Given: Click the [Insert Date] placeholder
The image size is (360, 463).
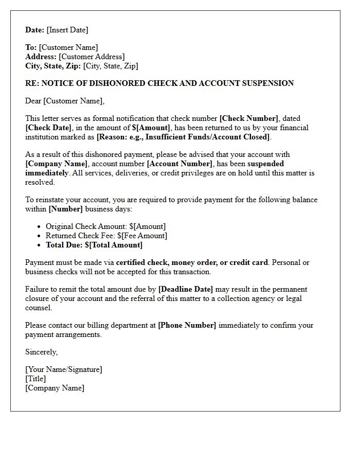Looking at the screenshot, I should pos(67,30).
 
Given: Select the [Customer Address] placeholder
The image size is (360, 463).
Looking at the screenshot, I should pos(92,57).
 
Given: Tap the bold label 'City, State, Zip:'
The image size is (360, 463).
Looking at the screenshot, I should pos(53,66).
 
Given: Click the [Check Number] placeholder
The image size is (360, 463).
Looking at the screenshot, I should pos(249,118).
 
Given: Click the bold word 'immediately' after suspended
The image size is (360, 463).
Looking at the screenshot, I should pos(47,173).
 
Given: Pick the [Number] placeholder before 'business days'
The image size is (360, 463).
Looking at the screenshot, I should pos(65,209).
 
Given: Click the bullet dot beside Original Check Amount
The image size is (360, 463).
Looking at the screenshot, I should pos(40,226).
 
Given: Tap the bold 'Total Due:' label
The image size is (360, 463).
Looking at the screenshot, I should pos(64,245).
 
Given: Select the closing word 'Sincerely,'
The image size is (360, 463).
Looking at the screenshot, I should pos(42,352).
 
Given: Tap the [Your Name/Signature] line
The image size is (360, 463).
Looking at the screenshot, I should pos(64,369).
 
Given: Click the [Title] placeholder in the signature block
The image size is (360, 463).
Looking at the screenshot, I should pos(35,379).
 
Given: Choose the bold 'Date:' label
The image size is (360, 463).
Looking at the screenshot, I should pos(35,30).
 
